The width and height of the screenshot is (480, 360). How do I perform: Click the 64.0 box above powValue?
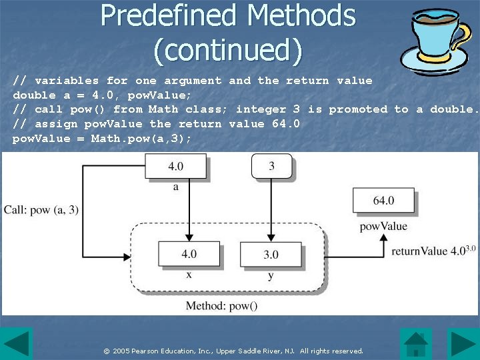coord(383,200)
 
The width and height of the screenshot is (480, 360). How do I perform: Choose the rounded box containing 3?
coord(271,166)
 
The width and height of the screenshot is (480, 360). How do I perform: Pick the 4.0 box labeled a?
coord(176,166)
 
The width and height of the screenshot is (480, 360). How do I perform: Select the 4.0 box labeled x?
coord(189,254)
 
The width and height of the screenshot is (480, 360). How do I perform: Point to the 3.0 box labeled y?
coord(271,254)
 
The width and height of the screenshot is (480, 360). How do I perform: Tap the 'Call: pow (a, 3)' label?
coord(41,209)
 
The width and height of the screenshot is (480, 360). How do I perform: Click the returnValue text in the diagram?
coord(419,251)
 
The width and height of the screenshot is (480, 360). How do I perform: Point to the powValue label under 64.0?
coord(383,226)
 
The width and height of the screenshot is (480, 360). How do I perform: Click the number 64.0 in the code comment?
coord(286,124)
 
